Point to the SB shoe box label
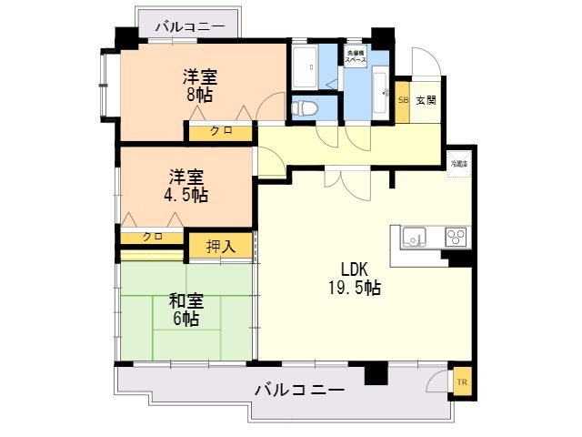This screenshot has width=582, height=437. [403, 99]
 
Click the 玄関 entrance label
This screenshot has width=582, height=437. [426, 99]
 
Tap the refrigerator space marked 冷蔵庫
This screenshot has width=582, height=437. [458, 164]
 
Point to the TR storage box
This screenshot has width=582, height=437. [461, 382]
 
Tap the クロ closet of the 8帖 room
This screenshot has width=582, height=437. [221, 131]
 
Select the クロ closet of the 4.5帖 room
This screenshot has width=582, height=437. [153, 237]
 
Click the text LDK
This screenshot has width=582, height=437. [355, 269]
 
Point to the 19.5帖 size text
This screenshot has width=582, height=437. [355, 289]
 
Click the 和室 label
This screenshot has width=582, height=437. [186, 299]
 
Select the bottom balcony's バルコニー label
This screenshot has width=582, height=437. [299, 390]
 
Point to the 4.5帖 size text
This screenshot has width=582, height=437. [185, 195]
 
